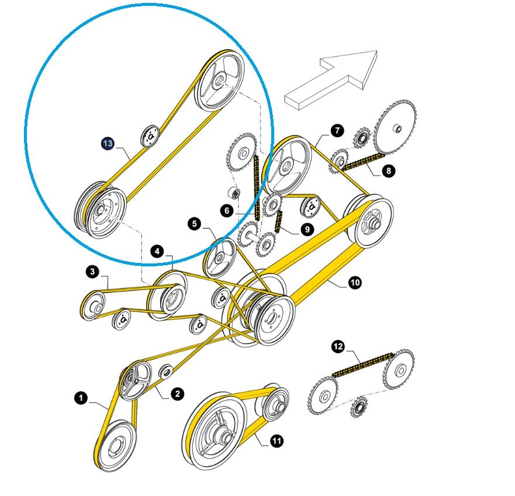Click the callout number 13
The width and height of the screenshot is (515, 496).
(108, 143)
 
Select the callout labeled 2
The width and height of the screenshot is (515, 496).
(177, 394)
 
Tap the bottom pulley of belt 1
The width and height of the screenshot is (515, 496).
(115, 445)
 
